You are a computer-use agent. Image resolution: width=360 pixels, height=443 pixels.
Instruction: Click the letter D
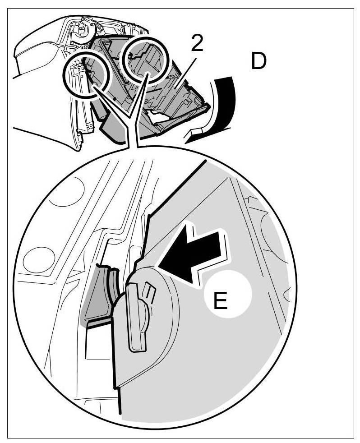(x=258, y=62)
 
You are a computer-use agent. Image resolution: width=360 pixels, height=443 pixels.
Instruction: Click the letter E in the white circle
(x=221, y=300)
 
